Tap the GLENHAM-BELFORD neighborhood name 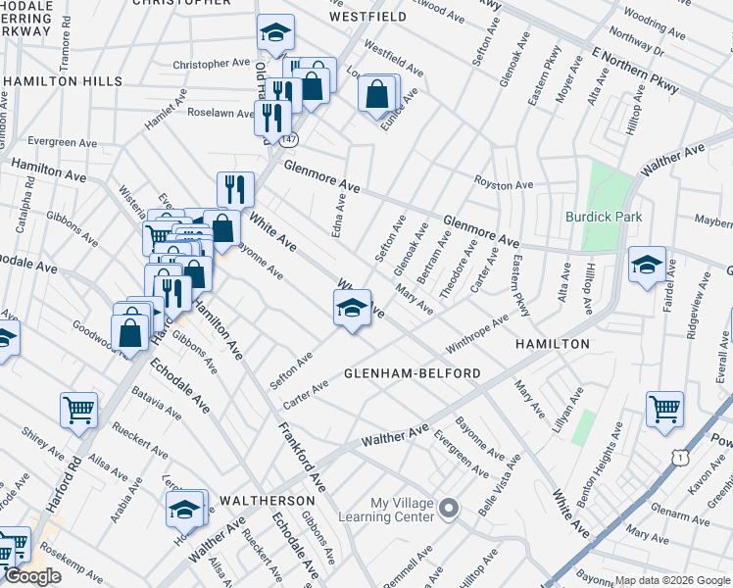(412, 373)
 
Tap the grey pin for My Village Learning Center (450, 508)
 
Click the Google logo (31, 576)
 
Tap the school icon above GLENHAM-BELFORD (352, 309)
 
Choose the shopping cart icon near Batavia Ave (78, 410)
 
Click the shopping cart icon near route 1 (664, 409)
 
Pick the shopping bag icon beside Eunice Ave (377, 95)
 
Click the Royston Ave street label (504, 184)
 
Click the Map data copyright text (672, 580)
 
